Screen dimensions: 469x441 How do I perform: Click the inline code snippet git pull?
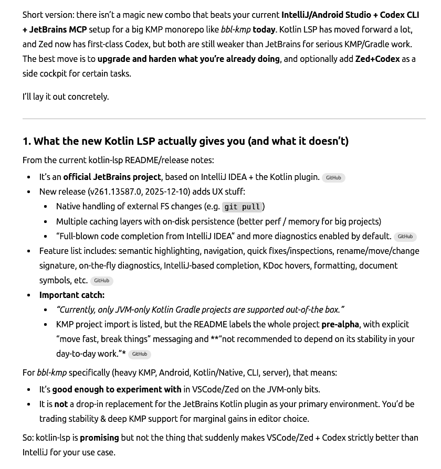coord(242,207)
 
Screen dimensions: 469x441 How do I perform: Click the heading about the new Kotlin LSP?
coord(185,141)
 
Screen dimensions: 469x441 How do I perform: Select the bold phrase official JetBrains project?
coord(112,177)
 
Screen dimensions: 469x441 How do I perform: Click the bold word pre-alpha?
coord(340,324)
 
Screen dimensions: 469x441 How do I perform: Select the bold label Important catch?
coord(72,295)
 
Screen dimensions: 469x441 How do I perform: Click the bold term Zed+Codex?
coord(377,59)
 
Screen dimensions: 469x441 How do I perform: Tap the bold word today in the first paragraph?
coord(264,29)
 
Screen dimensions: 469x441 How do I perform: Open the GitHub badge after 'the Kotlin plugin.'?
coord(333,178)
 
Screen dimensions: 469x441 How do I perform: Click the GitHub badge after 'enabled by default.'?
coord(405,237)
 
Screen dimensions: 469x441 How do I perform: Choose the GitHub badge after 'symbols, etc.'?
coord(101,281)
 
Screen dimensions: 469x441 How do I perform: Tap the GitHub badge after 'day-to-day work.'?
coord(139,354)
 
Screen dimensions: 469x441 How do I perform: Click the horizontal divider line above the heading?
coord(224,119)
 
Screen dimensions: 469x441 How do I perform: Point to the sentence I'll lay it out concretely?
coord(66,97)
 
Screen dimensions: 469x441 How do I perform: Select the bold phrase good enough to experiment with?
coord(117,389)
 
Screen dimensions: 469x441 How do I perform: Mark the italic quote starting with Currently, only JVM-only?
coord(200,310)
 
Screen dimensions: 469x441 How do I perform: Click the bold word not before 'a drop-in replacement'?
coord(61,404)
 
